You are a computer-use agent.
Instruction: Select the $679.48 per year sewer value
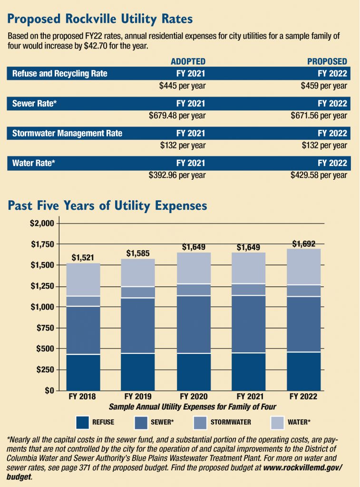pos(177,116)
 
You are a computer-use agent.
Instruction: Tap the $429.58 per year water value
pos(319,175)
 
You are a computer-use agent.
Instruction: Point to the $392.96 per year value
pos(177,175)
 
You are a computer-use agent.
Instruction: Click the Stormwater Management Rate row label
pos(67,133)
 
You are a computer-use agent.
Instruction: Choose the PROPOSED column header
pos(327,61)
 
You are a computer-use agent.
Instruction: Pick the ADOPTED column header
pos(188,61)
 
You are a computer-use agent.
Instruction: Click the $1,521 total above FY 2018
pos(83,257)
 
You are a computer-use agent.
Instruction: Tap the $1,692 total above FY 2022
pos(303,243)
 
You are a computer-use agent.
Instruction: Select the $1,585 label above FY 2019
pos(138,253)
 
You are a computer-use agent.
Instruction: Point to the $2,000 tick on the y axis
pos(42,224)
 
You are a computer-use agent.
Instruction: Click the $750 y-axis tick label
pos(45,328)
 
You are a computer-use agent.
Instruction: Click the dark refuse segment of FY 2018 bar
pos(83,372)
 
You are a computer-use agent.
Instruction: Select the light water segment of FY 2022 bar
pos(303,266)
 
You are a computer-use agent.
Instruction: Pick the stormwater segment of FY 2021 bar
pos(248,289)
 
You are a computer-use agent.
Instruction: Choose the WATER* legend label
pos(299,421)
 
